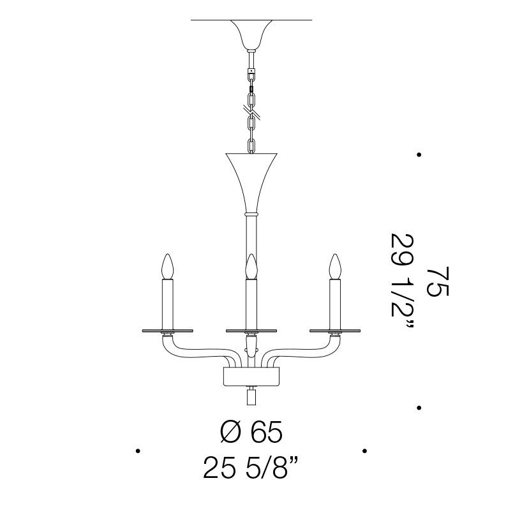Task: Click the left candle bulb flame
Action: coord(167,266)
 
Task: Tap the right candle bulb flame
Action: coord(335,266)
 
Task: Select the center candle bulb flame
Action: coord(251,266)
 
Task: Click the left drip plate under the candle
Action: coord(167,331)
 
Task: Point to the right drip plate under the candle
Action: coord(335,331)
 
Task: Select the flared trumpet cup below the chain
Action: coord(251,182)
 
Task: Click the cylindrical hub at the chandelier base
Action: coord(251,376)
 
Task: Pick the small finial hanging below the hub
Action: coord(251,397)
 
